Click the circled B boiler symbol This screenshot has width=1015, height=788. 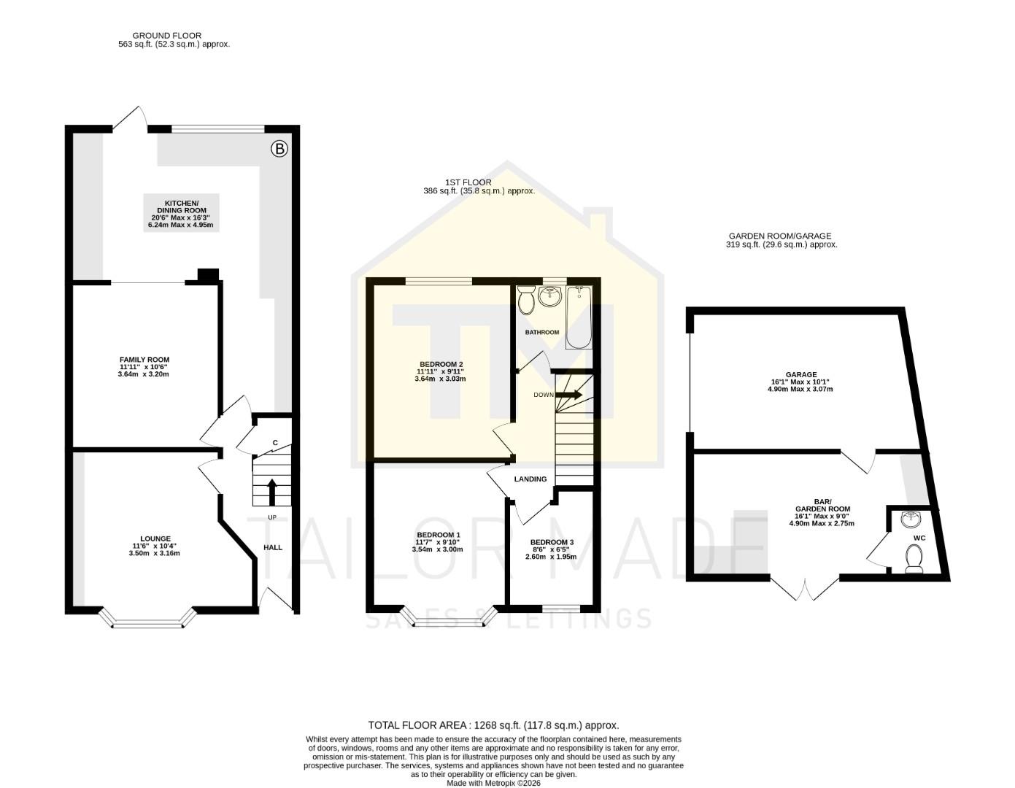point(279,150)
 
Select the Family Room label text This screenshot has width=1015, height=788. point(144,360)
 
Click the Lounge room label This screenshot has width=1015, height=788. point(152,539)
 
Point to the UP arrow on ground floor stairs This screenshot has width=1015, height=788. point(272,492)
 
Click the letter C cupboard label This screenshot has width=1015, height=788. point(275,443)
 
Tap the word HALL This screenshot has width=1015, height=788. point(273,547)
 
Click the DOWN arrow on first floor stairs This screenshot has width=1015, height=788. point(568,395)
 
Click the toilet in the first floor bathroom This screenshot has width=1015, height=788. point(526,301)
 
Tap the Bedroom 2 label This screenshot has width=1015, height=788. point(441,365)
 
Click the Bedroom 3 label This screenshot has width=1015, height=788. point(552,542)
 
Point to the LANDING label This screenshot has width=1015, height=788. point(530,479)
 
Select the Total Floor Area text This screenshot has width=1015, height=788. point(493,725)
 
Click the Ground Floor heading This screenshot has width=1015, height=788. point(167,35)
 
